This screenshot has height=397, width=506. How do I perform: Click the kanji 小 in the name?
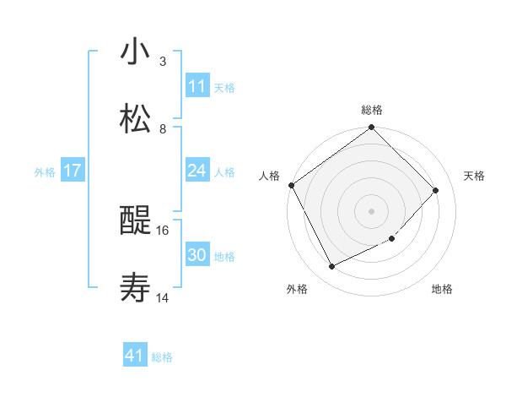click(135, 52)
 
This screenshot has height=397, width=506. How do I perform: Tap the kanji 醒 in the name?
click(135, 222)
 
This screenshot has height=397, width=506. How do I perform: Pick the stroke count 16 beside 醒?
click(163, 230)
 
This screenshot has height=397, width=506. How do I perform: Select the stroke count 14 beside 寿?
click(163, 297)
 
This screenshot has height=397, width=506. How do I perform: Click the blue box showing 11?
click(197, 86)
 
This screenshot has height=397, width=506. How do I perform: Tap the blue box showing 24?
click(197, 171)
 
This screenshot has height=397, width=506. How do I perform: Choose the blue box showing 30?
click(197, 255)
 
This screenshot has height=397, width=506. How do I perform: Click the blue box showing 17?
click(73, 171)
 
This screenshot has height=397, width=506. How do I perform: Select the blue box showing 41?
click(135, 356)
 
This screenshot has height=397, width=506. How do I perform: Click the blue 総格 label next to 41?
click(162, 357)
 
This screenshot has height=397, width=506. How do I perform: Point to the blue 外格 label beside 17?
click(45, 171)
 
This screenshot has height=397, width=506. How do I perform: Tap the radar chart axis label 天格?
click(474, 176)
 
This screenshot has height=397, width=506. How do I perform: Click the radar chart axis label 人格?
click(269, 176)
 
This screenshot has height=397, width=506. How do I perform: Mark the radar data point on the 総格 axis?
click(371, 128)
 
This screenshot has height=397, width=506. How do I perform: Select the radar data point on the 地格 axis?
click(392, 239)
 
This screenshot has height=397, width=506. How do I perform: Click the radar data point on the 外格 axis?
click(331, 266)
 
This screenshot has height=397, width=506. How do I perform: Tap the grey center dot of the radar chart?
click(371, 210)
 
